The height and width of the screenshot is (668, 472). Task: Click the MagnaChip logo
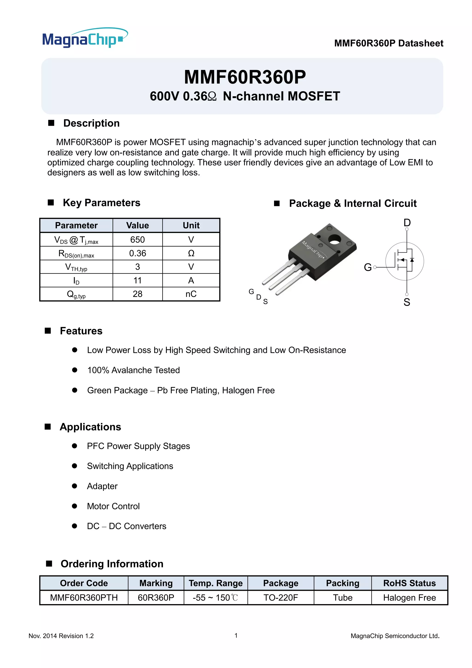(x=85, y=38)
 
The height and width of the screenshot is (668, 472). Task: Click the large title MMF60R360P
(x=245, y=78)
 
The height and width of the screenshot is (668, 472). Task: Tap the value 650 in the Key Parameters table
(x=137, y=239)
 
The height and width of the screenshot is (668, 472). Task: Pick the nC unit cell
(x=191, y=294)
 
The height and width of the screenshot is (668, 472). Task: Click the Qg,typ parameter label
(x=76, y=294)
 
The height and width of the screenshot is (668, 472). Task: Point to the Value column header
(x=137, y=226)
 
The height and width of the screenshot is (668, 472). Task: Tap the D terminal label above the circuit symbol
(x=407, y=223)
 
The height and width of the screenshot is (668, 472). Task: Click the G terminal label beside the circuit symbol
(x=367, y=267)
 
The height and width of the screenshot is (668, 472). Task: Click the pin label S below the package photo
(x=265, y=302)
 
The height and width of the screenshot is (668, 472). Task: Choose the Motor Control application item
(x=113, y=506)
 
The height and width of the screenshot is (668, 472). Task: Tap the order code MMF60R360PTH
(x=84, y=598)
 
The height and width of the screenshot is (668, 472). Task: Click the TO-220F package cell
(x=280, y=598)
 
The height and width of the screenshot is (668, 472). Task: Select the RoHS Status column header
(x=409, y=583)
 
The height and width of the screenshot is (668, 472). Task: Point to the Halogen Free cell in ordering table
(x=409, y=598)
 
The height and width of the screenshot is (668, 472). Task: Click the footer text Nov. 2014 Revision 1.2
(x=61, y=636)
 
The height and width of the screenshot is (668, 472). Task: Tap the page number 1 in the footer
(x=236, y=635)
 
